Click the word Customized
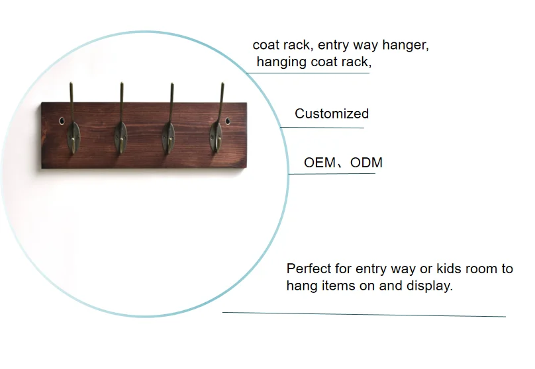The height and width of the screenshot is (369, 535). pos(332,114)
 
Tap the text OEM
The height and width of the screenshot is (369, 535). pos(320,163)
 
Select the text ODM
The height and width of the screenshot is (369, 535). pos(366,163)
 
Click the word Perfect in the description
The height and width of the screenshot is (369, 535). pos(309,269)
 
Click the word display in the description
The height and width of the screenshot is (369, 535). pos(430,286)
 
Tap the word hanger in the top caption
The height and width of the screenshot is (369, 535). pos(405,46)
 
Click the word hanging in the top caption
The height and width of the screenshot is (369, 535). pos(281,62)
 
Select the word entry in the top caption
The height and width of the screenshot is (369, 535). pos(333,46)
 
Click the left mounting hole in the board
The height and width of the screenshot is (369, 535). pos(62,120)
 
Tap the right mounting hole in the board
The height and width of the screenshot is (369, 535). pos(228,120)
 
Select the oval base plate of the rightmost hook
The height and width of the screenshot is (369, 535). pos(217,137)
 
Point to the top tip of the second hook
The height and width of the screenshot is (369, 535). pos(121,83)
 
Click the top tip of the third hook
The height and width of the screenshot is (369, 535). pos(172,83)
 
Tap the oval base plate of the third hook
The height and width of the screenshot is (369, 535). pos(168,138)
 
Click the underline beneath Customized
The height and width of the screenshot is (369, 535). pos(322,128)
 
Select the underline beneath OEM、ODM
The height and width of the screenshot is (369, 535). pos(332,174)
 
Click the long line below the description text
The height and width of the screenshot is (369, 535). pos(364,315)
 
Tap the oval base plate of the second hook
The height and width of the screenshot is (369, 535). pos(121,138)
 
